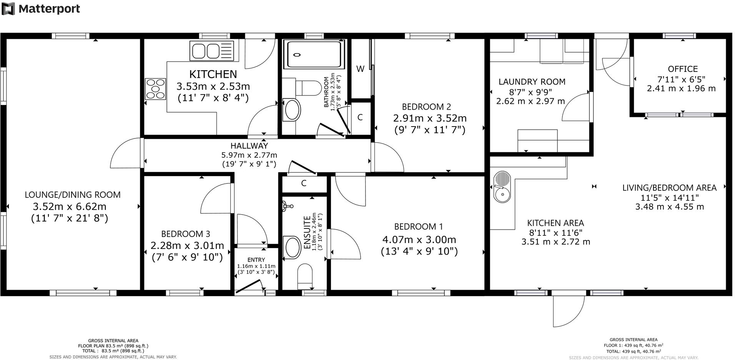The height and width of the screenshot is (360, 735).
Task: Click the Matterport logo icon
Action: coord(8,8)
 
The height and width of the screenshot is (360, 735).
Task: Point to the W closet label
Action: coord(360,69)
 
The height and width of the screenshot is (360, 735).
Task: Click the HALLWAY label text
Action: coord(249,146)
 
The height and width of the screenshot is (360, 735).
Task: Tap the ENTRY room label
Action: coord(256,260)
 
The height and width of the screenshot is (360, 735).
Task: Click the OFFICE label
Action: coord(683,69)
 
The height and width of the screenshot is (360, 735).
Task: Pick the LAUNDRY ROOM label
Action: coord(532,82)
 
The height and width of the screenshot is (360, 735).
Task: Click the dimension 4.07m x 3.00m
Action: coord(419,240)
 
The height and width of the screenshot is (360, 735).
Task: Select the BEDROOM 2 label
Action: coord(426,107)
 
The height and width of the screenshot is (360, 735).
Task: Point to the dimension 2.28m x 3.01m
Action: coord(187,245)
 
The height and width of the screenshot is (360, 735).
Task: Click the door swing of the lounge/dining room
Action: coord(125,153)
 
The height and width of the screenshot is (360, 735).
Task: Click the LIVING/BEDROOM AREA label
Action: coord(669,188)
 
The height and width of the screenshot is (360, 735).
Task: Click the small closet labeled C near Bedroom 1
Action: coord(304,183)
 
